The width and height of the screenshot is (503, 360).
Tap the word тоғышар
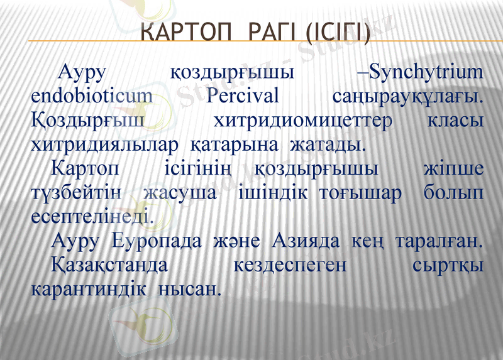360,193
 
